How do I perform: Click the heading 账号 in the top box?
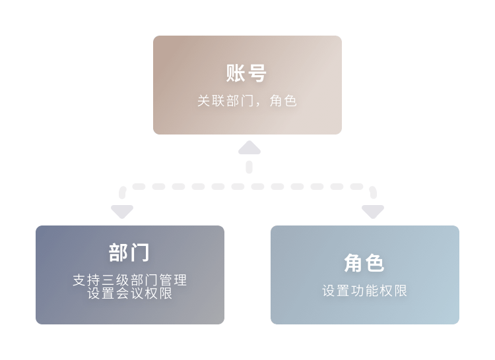247,73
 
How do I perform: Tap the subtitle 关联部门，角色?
247,102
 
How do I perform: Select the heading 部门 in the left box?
129,253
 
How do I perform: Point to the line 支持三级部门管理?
129,280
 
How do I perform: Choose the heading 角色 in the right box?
364,263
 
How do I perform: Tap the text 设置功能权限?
364,291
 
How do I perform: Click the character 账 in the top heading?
236,73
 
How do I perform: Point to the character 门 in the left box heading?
140,253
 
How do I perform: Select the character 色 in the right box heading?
375,263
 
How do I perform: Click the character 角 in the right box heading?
354,263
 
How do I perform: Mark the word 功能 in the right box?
364,291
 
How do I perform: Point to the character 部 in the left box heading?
119,253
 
